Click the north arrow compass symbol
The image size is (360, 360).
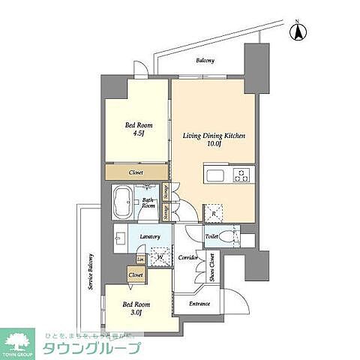tap(298, 31)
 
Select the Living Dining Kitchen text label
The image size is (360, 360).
tap(214, 136)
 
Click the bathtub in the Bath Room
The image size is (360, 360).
tap(121, 202)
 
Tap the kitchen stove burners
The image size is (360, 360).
tap(243, 176)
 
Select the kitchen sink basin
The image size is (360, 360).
tap(213, 177)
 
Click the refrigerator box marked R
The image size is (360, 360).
tap(214, 214)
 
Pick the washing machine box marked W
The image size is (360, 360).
tap(159, 256)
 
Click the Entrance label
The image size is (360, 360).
tap(199, 304)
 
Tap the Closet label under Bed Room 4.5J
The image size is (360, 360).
tap(136, 172)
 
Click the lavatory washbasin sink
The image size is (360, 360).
tap(120, 241)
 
